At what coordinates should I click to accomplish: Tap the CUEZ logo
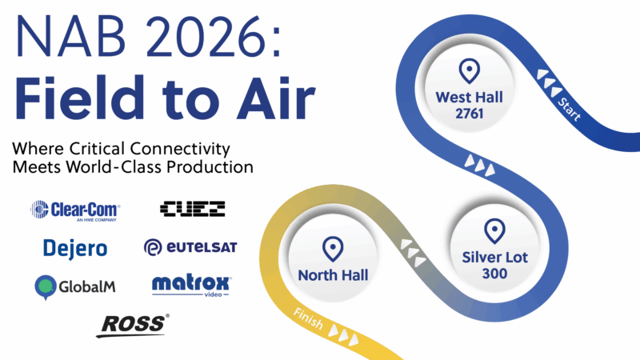(192, 210)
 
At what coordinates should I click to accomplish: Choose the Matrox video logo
(191, 284)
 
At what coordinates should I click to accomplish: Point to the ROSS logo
(132, 324)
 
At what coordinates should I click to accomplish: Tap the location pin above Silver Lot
(494, 231)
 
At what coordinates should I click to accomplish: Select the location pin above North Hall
(332, 248)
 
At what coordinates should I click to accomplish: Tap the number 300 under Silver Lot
(494, 274)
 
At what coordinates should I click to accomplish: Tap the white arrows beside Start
(548, 78)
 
